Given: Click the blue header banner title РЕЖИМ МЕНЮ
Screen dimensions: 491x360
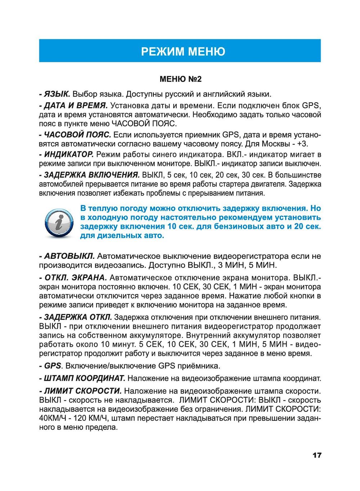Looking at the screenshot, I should [x=183, y=51].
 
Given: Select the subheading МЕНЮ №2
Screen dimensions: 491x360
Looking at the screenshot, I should [x=181, y=79].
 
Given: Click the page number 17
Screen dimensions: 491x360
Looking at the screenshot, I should [x=317, y=455].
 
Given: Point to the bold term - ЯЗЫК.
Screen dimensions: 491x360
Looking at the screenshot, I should [x=55, y=94].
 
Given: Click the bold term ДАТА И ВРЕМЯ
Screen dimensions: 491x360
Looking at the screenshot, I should [x=76, y=106].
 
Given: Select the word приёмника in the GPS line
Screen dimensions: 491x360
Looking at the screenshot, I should [x=199, y=366].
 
